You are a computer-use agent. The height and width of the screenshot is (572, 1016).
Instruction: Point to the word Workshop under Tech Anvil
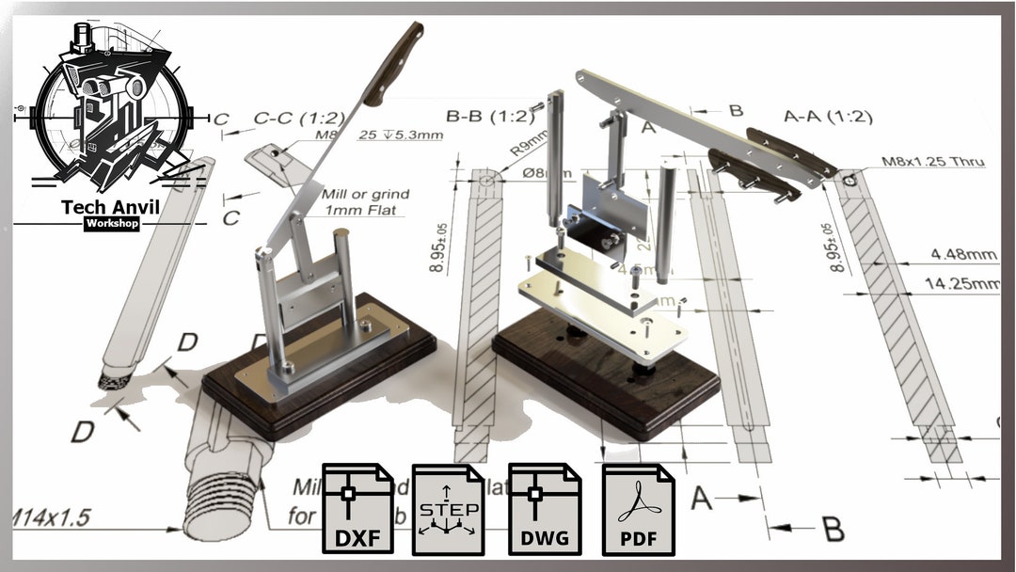coord(111,224)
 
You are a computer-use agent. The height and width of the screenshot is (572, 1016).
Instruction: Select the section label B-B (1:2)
coord(490,118)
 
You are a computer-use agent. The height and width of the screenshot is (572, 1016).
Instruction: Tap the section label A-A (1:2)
coord(828,118)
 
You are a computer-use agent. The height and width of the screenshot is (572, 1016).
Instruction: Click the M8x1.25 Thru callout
coord(932,162)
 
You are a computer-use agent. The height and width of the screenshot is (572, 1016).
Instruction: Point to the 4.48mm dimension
coord(962,254)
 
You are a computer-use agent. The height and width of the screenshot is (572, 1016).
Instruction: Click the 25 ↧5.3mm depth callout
coord(402,135)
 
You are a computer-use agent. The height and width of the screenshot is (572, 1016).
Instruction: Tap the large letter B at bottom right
coord(833,529)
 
